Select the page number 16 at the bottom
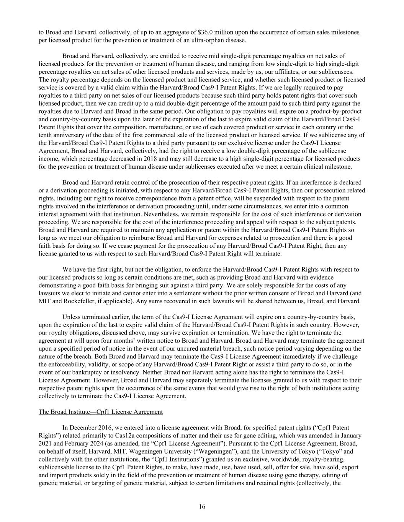tap(202, 507)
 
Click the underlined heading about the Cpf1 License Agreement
tap(101, 412)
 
